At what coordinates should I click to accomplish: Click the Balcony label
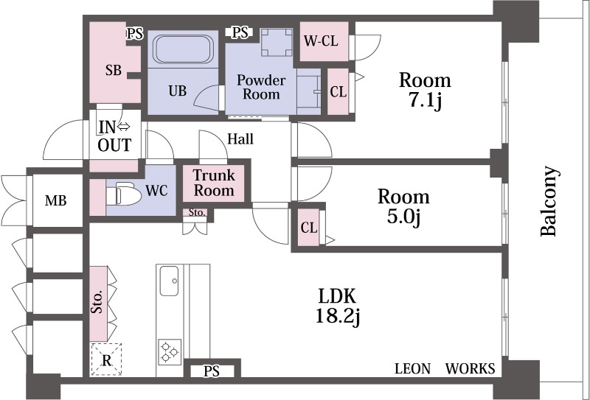(x=549, y=201)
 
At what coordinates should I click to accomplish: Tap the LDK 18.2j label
(x=338, y=306)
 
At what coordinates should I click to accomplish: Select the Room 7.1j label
(x=425, y=89)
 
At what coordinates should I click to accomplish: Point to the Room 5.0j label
(x=403, y=207)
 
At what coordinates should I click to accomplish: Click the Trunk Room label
(x=214, y=183)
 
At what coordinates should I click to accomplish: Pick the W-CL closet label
(x=321, y=41)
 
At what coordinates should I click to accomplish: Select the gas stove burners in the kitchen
(x=170, y=351)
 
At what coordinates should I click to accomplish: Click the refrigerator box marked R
(x=105, y=360)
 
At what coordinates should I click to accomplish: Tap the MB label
(x=56, y=200)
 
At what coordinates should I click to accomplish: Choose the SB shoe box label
(x=113, y=71)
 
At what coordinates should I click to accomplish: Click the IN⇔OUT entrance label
(x=114, y=134)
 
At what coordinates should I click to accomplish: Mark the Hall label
(x=240, y=138)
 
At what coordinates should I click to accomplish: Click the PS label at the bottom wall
(x=212, y=371)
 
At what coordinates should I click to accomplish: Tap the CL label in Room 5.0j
(x=308, y=228)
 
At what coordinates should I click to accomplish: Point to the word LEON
(x=412, y=369)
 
